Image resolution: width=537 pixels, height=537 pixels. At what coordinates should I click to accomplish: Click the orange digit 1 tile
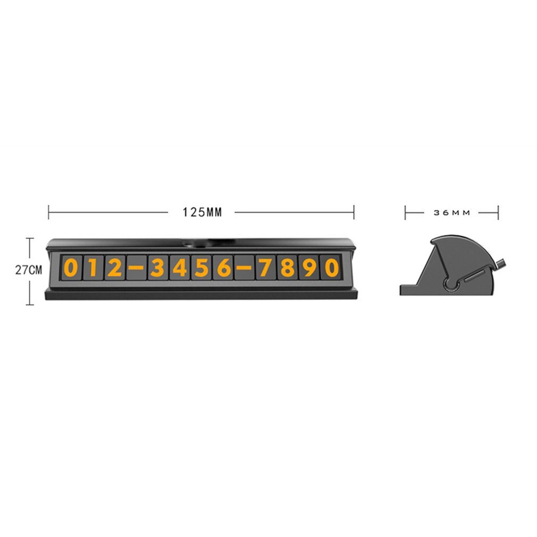click(93, 267)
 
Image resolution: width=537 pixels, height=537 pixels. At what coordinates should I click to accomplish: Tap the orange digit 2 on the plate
click(114, 267)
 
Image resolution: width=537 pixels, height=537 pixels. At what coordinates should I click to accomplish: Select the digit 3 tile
click(157, 267)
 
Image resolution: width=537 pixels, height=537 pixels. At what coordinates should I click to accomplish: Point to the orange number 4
click(180, 267)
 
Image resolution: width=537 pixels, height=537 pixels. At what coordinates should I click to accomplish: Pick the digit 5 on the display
click(202, 267)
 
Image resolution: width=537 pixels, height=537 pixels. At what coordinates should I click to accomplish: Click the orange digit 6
click(223, 267)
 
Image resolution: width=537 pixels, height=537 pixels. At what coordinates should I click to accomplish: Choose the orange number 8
click(288, 267)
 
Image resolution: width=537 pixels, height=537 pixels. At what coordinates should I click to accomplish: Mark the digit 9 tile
click(309, 267)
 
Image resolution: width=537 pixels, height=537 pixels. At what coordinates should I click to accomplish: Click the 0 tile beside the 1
click(71, 267)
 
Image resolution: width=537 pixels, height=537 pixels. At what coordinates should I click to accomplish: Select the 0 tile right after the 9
click(331, 267)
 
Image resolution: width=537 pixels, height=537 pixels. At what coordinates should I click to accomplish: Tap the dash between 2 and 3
click(136, 267)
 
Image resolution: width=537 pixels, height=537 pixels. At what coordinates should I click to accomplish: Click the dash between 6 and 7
click(244, 267)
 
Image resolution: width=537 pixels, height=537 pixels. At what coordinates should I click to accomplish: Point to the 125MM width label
click(202, 213)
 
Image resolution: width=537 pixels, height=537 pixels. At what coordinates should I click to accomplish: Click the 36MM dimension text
click(452, 213)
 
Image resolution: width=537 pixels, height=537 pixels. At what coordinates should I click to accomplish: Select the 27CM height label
click(28, 270)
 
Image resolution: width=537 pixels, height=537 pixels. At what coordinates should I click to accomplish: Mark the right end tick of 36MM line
click(498, 213)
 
